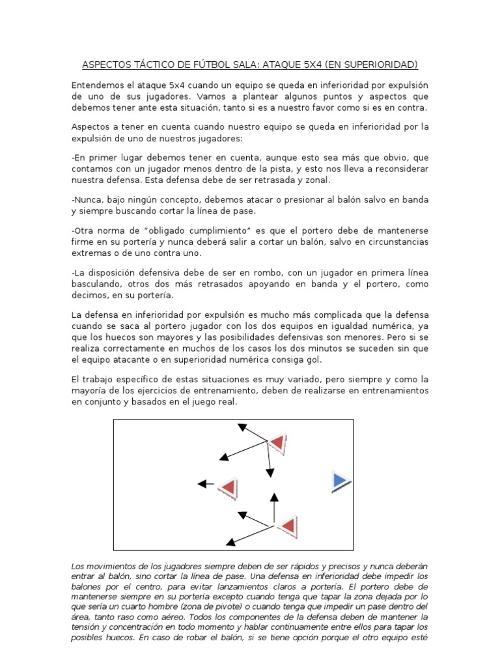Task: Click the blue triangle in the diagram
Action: (x=340, y=481)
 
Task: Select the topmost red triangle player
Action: (x=277, y=444)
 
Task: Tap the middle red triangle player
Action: (x=228, y=488)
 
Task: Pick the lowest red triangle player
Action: (x=286, y=526)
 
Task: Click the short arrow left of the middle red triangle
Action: (x=205, y=484)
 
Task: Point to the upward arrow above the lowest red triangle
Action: (x=274, y=508)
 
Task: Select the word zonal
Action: (x=318, y=180)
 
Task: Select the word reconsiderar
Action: (x=396, y=169)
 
